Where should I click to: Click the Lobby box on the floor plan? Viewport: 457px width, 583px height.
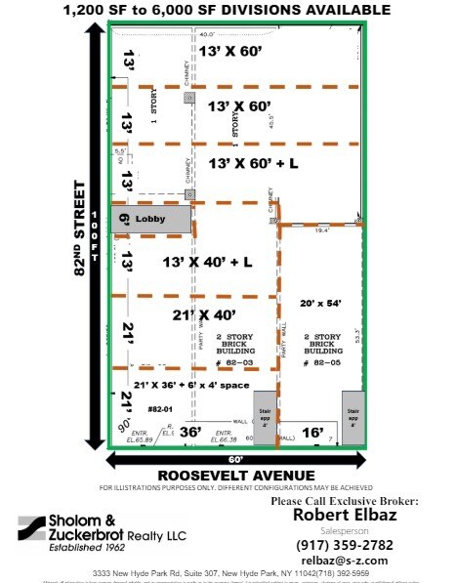pos(150,220)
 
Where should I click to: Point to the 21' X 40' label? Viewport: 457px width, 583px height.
pos(205,314)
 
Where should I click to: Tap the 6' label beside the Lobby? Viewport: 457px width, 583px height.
pos(124,221)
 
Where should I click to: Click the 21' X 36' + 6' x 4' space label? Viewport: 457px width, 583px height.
pos(193,385)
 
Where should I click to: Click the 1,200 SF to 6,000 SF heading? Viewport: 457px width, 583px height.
pos(228,10)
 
